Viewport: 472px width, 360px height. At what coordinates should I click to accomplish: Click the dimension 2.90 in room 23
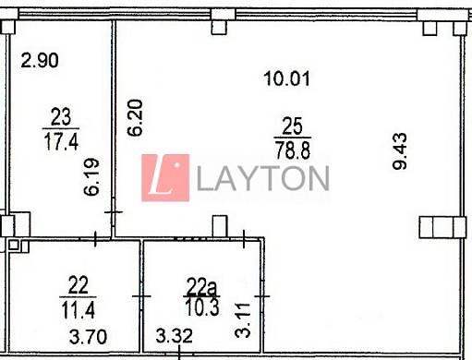click(x=40, y=60)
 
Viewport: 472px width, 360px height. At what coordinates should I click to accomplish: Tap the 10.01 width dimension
click(x=286, y=78)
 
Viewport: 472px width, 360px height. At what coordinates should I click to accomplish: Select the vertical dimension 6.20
click(x=135, y=117)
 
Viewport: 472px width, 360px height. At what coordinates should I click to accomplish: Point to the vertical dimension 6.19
click(x=91, y=176)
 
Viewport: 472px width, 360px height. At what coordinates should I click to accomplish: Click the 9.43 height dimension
click(x=400, y=151)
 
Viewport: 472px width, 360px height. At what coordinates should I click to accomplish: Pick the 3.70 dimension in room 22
click(x=88, y=337)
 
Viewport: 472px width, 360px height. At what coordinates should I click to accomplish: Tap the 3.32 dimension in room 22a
click(x=174, y=336)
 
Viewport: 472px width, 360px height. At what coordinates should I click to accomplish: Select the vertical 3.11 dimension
click(x=243, y=320)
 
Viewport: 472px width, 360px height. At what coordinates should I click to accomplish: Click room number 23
click(x=61, y=117)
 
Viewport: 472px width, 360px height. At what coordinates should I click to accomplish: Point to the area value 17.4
click(x=61, y=141)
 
